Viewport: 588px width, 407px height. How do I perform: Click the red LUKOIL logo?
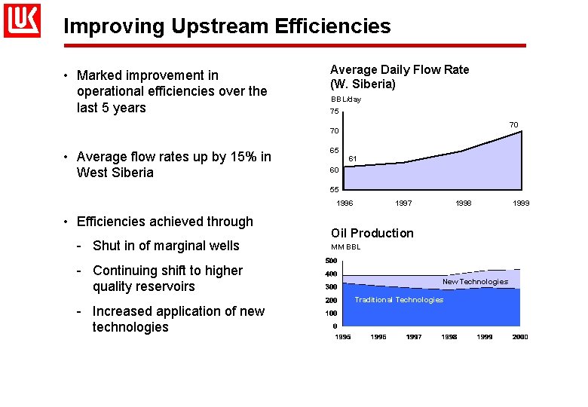tap(22, 20)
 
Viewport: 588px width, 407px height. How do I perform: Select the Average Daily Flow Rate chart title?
tap(400, 76)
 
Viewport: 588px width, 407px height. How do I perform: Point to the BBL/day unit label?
tap(346, 99)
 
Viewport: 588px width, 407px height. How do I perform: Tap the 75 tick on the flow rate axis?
tap(335, 112)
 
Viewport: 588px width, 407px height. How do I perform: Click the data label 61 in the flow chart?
tap(352, 158)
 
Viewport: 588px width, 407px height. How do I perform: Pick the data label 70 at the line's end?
tap(513, 124)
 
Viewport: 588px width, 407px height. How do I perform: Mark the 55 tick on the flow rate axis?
tap(335, 189)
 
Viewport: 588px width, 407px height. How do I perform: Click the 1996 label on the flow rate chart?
tap(345, 203)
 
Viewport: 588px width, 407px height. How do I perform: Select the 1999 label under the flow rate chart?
tap(521, 203)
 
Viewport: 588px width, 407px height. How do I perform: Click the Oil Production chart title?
tap(372, 233)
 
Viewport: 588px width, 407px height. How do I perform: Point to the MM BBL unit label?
tap(346, 247)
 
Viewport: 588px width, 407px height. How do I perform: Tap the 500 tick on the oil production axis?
tap(331, 261)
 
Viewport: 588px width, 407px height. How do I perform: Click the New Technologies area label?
tap(475, 282)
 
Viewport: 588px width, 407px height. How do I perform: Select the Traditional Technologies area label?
tap(399, 300)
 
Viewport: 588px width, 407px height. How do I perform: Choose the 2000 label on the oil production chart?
tap(520, 337)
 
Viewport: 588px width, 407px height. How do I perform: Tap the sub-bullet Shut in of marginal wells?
tap(165, 246)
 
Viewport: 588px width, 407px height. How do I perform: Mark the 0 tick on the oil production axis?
tap(335, 326)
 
